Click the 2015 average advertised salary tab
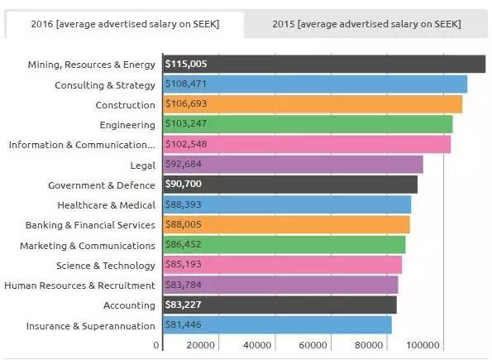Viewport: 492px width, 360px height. tap(366, 24)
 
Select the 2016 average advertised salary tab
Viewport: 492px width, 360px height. tap(125, 24)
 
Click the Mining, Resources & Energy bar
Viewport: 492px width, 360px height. tap(324, 64)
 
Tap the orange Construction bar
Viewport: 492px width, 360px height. tap(313, 104)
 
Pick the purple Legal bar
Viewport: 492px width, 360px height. tap(293, 165)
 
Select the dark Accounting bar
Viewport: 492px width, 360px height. tap(279, 305)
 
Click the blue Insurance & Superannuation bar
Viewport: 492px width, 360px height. tap(277, 324)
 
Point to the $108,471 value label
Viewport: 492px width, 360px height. tap(186, 84)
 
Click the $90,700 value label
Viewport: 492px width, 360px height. tap(184, 184)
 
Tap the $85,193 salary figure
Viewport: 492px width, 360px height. tap(184, 264)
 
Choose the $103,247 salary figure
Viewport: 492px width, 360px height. tap(186, 124)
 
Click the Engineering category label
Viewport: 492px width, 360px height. tap(127, 125)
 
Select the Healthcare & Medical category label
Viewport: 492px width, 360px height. tap(107, 205)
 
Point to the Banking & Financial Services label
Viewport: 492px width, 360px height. tap(90, 225)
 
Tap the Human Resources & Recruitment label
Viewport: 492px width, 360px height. tap(79, 286)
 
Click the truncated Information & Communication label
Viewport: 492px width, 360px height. tap(82, 145)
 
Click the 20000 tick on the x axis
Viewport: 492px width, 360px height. tap(201, 345)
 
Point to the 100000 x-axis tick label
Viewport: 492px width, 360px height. tap(423, 345)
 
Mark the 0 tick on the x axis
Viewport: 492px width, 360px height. tap(156, 345)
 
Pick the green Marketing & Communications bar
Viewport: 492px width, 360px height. tap(284, 244)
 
